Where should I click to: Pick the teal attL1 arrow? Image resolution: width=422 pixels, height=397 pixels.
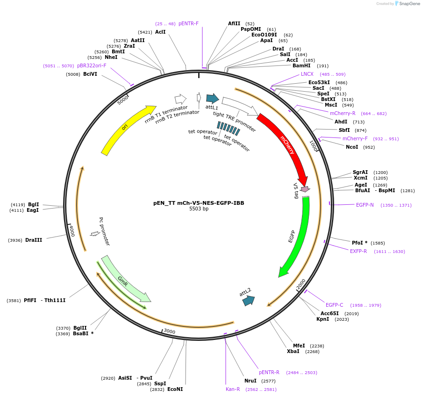213,98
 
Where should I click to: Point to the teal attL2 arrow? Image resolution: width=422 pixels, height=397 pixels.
248,301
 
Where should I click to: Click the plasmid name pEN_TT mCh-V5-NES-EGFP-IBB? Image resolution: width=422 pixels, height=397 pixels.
199,203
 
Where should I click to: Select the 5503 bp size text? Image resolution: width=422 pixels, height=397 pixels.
199,209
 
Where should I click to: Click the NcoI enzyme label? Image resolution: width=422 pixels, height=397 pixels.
352,147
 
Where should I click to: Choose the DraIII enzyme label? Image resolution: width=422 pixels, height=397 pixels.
34,240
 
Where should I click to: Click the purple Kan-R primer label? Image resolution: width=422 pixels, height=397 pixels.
233,389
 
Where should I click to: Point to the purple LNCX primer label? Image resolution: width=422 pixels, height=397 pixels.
307,74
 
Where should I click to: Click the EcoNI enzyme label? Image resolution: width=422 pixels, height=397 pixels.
175,389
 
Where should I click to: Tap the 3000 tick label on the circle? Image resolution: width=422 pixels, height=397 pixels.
169,332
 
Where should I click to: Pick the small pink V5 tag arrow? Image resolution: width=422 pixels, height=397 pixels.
305,189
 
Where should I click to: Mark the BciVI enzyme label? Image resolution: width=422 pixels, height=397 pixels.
90,74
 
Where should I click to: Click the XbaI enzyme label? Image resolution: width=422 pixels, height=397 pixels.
293,351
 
